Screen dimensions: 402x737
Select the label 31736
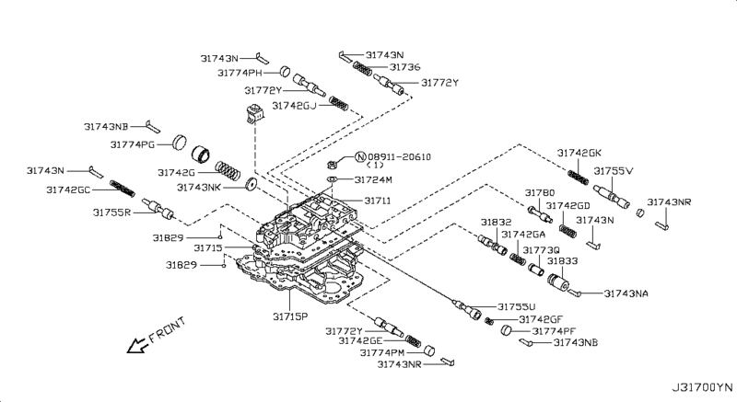404,67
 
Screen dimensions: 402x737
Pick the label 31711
381,200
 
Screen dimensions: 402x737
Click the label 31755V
613,171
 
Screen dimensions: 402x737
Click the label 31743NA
626,293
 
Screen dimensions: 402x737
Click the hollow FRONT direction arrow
138,346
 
